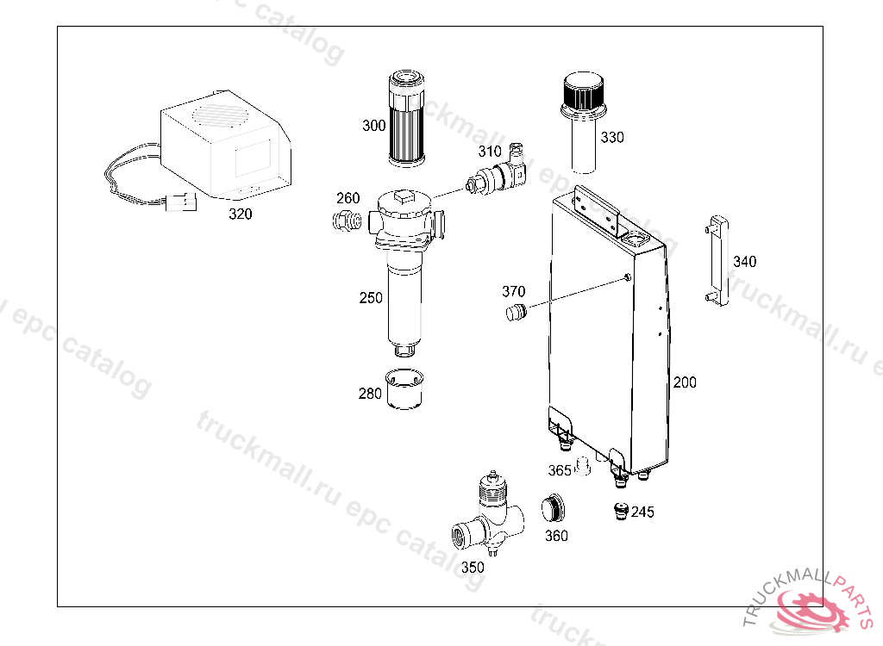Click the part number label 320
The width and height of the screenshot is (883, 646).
coord(241,214)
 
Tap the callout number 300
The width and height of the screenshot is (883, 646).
coord(374,126)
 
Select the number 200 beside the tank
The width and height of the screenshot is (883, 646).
coord(685,382)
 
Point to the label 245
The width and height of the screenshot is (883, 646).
coord(642,512)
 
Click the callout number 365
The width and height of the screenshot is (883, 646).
coord(560,470)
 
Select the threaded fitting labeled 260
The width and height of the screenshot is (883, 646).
coord(347,220)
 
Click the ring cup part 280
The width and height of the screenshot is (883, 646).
coord(404,388)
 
